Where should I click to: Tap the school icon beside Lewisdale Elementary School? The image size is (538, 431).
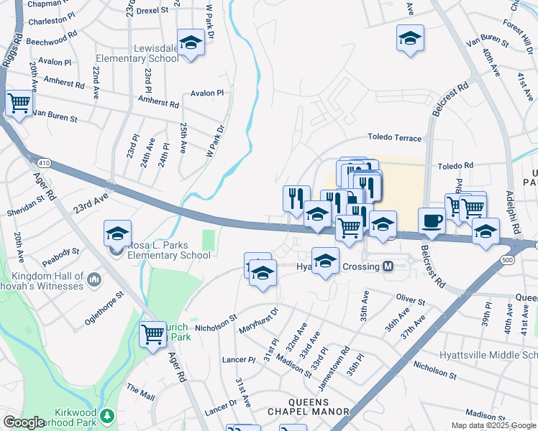(x=191, y=42)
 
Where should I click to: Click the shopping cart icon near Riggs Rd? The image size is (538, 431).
(x=19, y=103)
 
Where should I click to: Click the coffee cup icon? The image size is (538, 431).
(x=432, y=221)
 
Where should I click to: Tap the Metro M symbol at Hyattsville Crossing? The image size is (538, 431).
(x=388, y=267)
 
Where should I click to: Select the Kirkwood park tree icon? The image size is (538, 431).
(x=107, y=415)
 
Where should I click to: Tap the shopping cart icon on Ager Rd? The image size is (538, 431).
(x=152, y=334)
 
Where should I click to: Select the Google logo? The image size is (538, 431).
(x=24, y=422)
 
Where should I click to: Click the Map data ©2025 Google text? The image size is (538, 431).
(x=493, y=425)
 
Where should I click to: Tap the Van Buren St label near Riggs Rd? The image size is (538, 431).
(x=55, y=114)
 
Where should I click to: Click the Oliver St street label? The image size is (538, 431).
(x=411, y=297)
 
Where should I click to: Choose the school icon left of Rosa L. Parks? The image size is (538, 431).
(x=118, y=233)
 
